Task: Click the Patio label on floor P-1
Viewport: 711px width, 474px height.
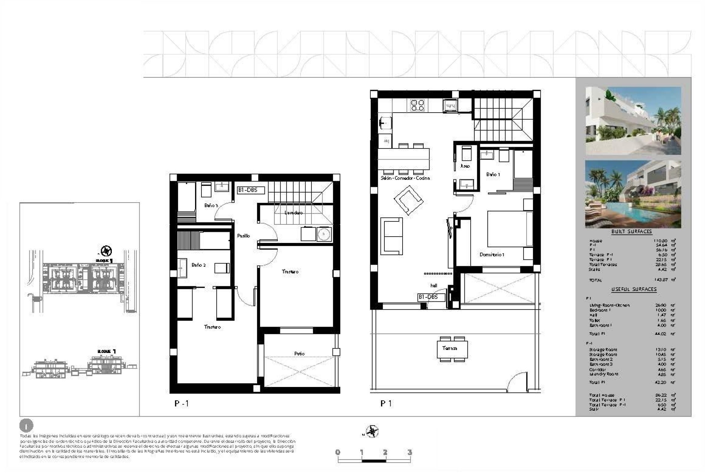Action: click(x=299, y=354)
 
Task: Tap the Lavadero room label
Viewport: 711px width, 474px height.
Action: click(x=293, y=213)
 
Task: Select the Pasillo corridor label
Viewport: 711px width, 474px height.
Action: click(x=243, y=236)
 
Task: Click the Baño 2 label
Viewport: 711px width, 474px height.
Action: click(x=198, y=265)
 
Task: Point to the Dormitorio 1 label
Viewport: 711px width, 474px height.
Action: click(x=492, y=254)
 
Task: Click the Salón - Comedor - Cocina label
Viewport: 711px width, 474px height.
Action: click(x=405, y=178)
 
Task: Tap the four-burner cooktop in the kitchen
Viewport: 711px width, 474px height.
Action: click(x=417, y=105)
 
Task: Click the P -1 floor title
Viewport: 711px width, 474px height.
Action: click(x=181, y=403)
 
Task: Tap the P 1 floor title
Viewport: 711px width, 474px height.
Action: click(x=386, y=403)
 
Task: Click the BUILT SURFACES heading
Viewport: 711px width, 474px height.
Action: click(x=631, y=231)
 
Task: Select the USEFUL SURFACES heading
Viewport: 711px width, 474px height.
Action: click(x=634, y=289)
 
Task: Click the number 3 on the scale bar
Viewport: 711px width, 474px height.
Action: click(x=409, y=452)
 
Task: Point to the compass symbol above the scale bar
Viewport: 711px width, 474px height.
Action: click(x=372, y=431)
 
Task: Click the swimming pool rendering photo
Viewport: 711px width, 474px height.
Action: click(x=633, y=194)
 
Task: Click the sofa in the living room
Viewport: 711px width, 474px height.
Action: click(x=391, y=236)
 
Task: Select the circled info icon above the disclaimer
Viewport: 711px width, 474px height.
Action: click(x=26, y=426)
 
